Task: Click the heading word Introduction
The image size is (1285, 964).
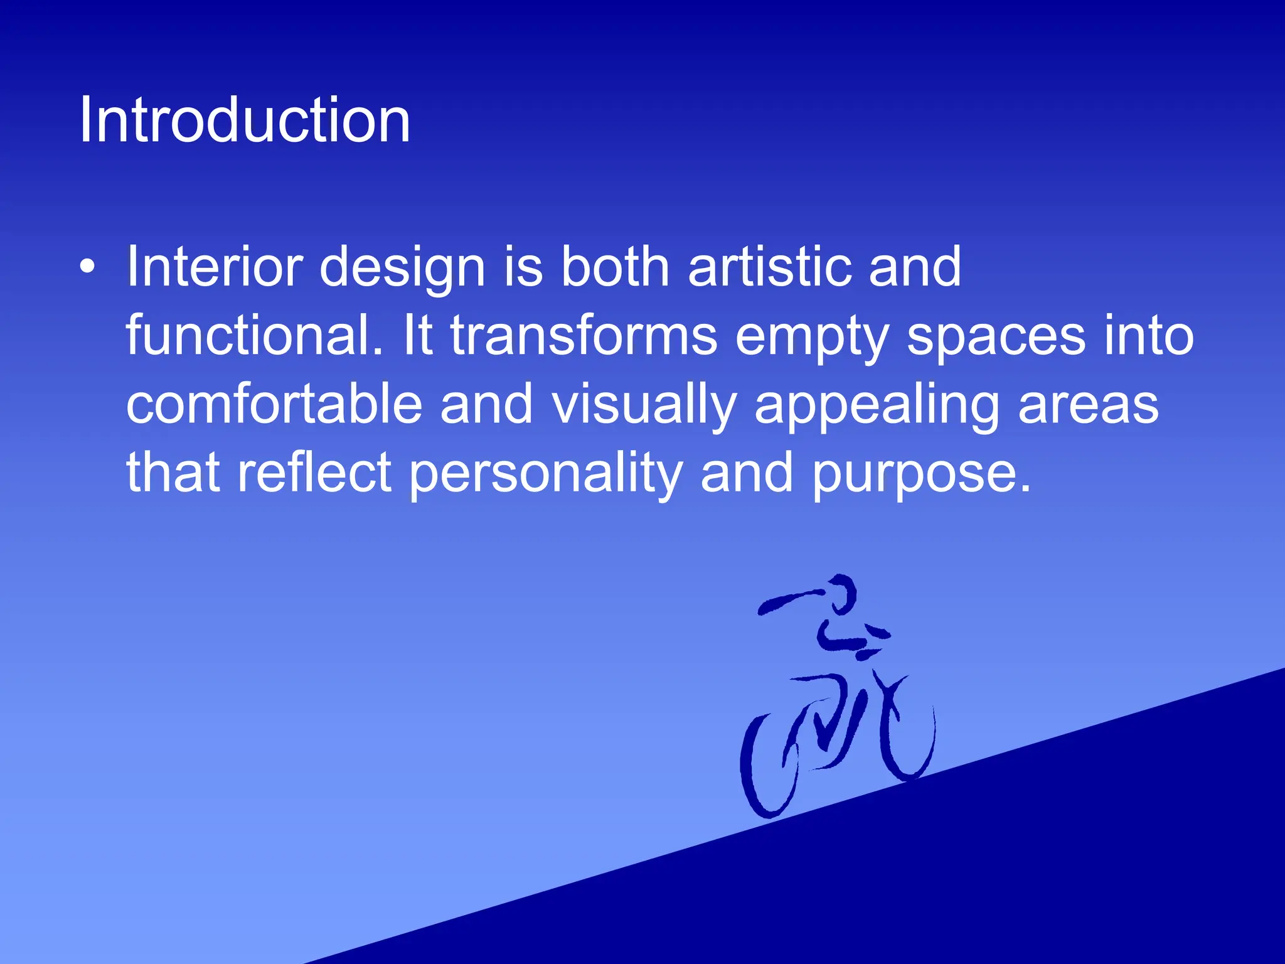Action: tap(245, 120)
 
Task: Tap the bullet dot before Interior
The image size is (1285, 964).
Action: tap(88, 267)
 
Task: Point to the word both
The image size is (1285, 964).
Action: tap(615, 267)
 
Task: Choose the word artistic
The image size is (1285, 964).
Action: tap(769, 267)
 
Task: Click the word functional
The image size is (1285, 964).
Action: tap(253, 336)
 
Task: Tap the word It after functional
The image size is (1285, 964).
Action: tap(418, 336)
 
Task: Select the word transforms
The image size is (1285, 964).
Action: tap(584, 336)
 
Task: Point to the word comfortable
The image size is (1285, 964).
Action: tap(274, 404)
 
